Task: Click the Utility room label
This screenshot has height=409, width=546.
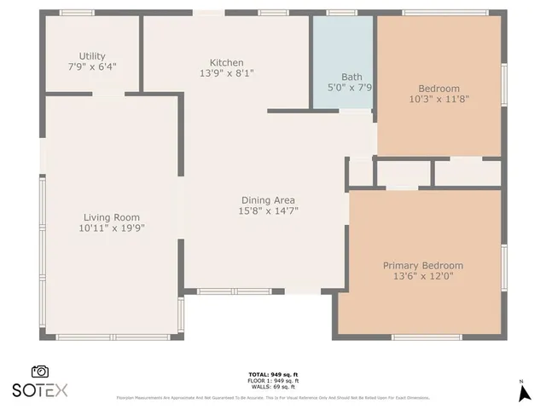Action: click(x=92, y=55)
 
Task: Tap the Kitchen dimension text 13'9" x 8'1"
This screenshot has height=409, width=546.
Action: click(x=227, y=73)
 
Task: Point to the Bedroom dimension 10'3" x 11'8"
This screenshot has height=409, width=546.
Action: click(x=439, y=99)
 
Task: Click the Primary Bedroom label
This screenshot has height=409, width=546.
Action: click(x=422, y=266)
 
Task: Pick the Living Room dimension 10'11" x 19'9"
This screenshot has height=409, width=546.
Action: click(x=111, y=228)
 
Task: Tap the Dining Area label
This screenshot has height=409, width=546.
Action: click(x=267, y=200)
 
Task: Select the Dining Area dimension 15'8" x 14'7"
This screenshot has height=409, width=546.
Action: click(x=267, y=210)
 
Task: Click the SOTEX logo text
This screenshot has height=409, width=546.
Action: click(x=40, y=390)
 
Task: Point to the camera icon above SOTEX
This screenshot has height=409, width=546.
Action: click(x=39, y=372)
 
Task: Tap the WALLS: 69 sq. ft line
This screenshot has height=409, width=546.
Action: click(x=272, y=387)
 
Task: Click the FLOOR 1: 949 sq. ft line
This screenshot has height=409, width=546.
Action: click(x=272, y=381)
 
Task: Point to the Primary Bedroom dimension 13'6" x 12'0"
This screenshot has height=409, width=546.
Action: click(x=422, y=276)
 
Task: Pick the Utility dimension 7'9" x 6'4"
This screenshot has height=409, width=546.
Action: click(x=92, y=66)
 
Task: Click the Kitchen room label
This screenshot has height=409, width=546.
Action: click(x=227, y=63)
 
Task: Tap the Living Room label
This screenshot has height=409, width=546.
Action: click(x=111, y=217)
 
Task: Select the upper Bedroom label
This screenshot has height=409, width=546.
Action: click(x=439, y=89)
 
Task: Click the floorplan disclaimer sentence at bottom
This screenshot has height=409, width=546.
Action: click(x=272, y=397)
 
